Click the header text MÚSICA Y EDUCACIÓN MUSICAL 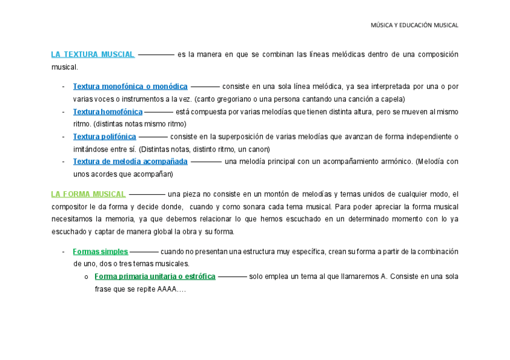coord(414,25)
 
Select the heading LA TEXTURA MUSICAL coord(93,55)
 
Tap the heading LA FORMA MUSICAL coord(88,194)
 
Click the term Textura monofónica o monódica coord(130,87)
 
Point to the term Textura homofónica coord(108,112)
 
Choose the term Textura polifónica coord(105,136)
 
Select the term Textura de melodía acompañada coord(130,162)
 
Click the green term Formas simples coord(100,252)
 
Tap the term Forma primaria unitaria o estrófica coord(155,277)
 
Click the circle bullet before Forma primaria coord(87,278)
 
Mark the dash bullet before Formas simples coord(63,252)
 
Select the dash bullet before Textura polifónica coord(63,136)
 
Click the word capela coord(393,99)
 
